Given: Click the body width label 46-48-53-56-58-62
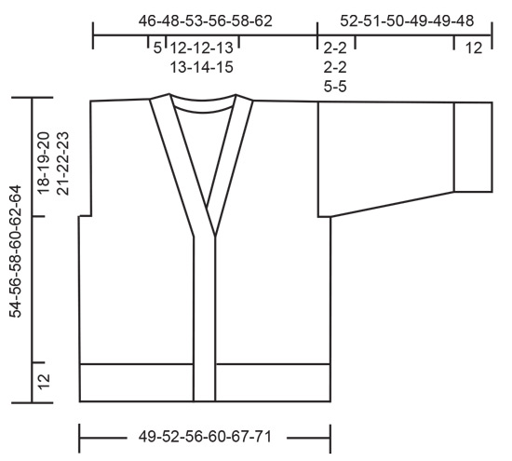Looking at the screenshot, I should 206,20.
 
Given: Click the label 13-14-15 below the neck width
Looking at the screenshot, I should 202,67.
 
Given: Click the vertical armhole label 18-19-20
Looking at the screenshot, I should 44,161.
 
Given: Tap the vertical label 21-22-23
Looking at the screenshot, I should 64,161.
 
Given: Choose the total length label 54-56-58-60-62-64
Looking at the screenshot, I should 15,251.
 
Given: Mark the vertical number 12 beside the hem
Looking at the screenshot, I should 44,382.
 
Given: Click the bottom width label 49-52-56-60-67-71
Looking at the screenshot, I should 204,435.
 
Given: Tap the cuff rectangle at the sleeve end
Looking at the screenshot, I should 473,146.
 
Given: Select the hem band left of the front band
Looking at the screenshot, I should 136,383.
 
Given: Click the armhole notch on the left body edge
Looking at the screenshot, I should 86,216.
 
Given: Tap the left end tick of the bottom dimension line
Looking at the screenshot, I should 80,435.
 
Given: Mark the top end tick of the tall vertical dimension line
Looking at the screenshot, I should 33,97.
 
